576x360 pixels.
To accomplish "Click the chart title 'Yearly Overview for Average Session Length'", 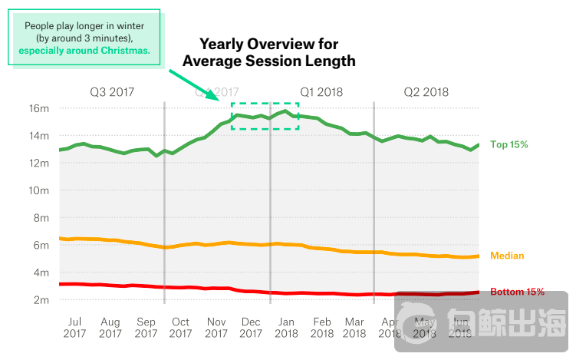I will click(269, 51).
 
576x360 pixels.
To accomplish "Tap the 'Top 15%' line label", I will click(509, 144).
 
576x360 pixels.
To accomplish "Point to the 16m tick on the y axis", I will click(39, 108).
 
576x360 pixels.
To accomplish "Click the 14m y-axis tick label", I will click(39, 136).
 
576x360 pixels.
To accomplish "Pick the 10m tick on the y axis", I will click(39, 190).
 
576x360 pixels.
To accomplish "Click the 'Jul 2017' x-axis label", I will click(75, 327).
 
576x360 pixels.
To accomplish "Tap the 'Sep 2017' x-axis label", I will click(146, 327).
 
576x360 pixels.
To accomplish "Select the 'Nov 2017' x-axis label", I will click(216, 327).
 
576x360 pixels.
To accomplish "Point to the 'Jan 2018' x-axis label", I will click(286, 327).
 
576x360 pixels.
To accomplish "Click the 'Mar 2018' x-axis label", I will click(354, 327).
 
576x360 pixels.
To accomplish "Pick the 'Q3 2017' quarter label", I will click(112, 92).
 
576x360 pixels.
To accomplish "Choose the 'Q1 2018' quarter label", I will click(321, 92).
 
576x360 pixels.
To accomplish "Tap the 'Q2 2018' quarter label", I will click(426, 92).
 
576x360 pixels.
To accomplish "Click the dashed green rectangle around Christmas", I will click(265, 104).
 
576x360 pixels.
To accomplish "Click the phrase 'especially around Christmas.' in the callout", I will click(84, 51).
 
